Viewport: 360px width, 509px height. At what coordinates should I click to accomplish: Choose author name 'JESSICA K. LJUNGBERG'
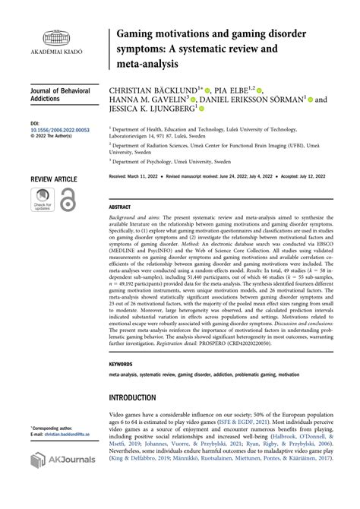(148, 109)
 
